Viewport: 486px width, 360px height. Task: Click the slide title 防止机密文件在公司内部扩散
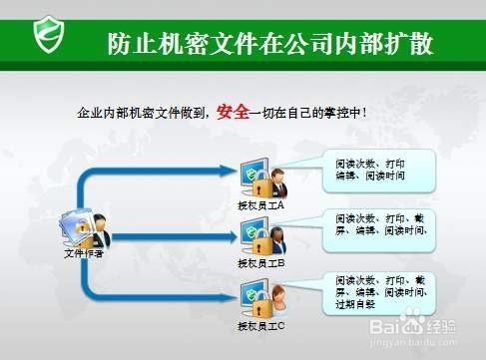point(270,44)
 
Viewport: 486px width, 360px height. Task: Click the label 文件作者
point(85,253)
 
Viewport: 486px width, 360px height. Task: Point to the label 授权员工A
point(261,205)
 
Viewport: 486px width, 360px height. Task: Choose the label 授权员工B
point(261,263)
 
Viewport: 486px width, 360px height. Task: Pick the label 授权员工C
point(261,326)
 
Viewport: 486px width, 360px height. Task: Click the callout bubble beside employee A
point(375,172)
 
